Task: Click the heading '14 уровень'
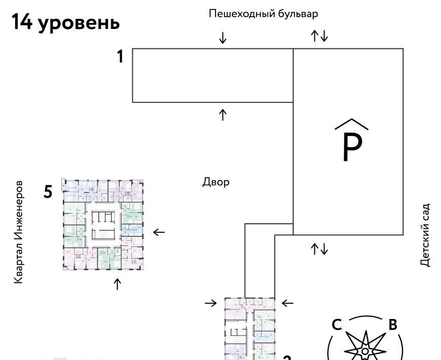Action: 65,22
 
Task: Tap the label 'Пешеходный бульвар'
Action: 263,14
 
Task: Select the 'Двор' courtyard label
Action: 216,182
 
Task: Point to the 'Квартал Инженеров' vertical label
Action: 18,231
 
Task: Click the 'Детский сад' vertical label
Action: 425,235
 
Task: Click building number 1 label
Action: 120,57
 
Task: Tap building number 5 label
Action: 48,192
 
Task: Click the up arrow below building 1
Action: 223,115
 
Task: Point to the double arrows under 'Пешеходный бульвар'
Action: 319,36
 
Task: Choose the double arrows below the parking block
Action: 319,248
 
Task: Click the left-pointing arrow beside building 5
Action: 159,232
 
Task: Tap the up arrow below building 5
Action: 118,284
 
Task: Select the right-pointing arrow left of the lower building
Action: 210,303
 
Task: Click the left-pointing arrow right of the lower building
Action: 287,303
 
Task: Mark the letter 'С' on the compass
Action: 337,325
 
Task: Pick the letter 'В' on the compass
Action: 392,325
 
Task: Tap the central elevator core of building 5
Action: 103,224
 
